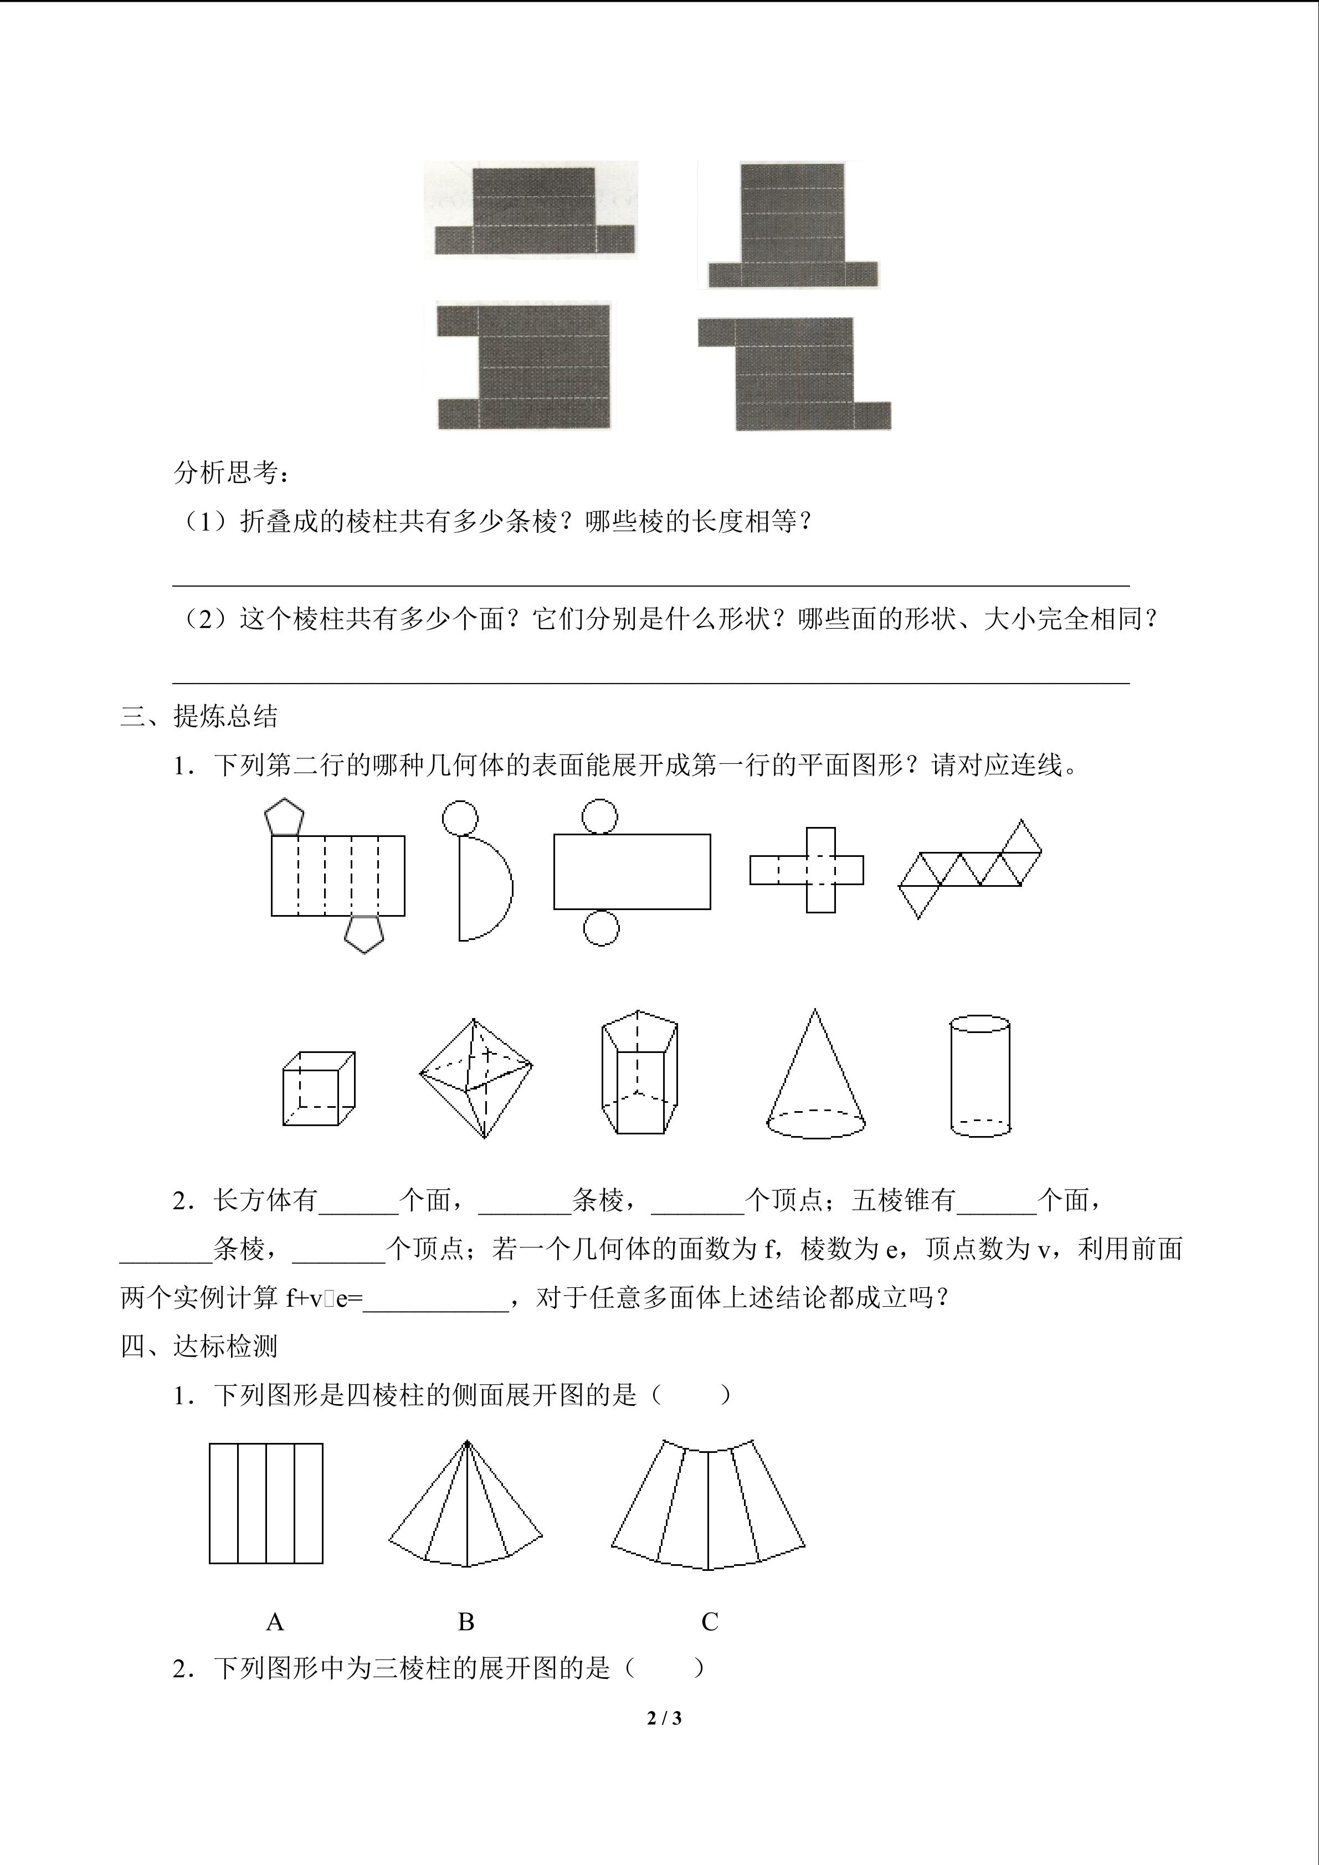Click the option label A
click(x=275, y=1623)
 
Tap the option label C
click(x=710, y=1623)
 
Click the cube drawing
click(x=319, y=1088)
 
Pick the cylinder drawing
click(x=981, y=1076)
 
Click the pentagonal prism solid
click(x=639, y=1072)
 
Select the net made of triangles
click(x=970, y=869)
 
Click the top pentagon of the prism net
click(x=284, y=817)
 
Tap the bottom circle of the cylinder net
click(x=601, y=928)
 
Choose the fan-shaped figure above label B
click(x=466, y=1504)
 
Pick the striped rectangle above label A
click(x=266, y=1503)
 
